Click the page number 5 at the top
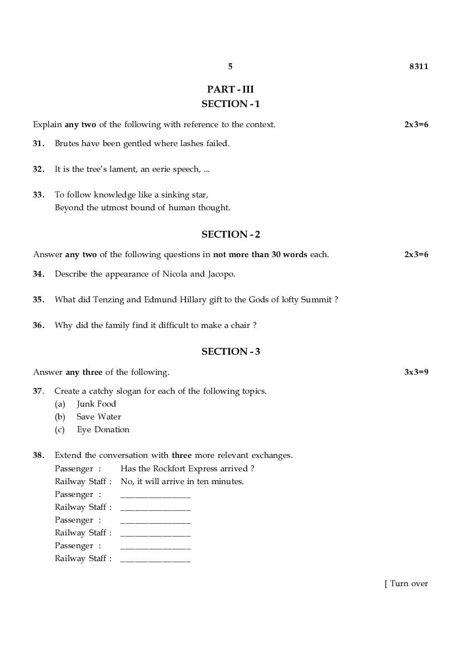click(x=230, y=66)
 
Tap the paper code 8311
click(x=419, y=66)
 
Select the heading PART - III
click(x=231, y=89)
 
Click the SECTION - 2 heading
click(x=231, y=234)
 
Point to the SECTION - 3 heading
click(x=231, y=351)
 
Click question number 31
click(x=39, y=143)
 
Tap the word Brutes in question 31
click(x=67, y=143)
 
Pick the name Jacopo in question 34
click(x=221, y=274)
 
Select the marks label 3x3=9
click(x=416, y=372)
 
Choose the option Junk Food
click(x=97, y=404)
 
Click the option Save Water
click(x=99, y=417)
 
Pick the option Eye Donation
click(x=103, y=429)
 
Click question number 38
click(x=39, y=455)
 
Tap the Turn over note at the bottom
click(x=407, y=583)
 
